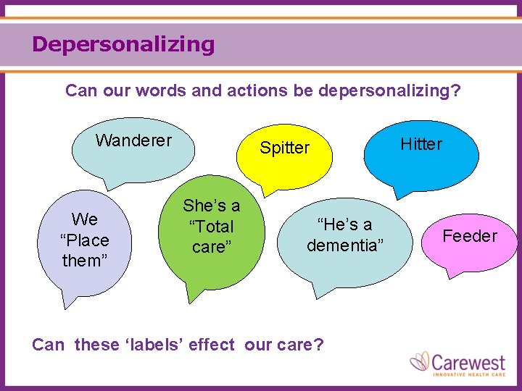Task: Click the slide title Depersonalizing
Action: click(x=123, y=44)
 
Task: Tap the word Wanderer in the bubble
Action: click(x=133, y=140)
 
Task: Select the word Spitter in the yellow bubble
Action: click(x=284, y=148)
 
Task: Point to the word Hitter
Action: click(x=421, y=144)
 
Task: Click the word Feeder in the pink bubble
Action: click(x=470, y=236)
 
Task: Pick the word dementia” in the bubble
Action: click(x=343, y=245)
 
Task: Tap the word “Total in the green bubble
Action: click(x=211, y=227)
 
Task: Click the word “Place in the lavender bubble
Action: click(x=84, y=240)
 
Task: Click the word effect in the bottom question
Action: click(x=212, y=345)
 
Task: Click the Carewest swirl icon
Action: click(x=420, y=362)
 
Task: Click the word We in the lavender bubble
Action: click(x=84, y=219)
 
